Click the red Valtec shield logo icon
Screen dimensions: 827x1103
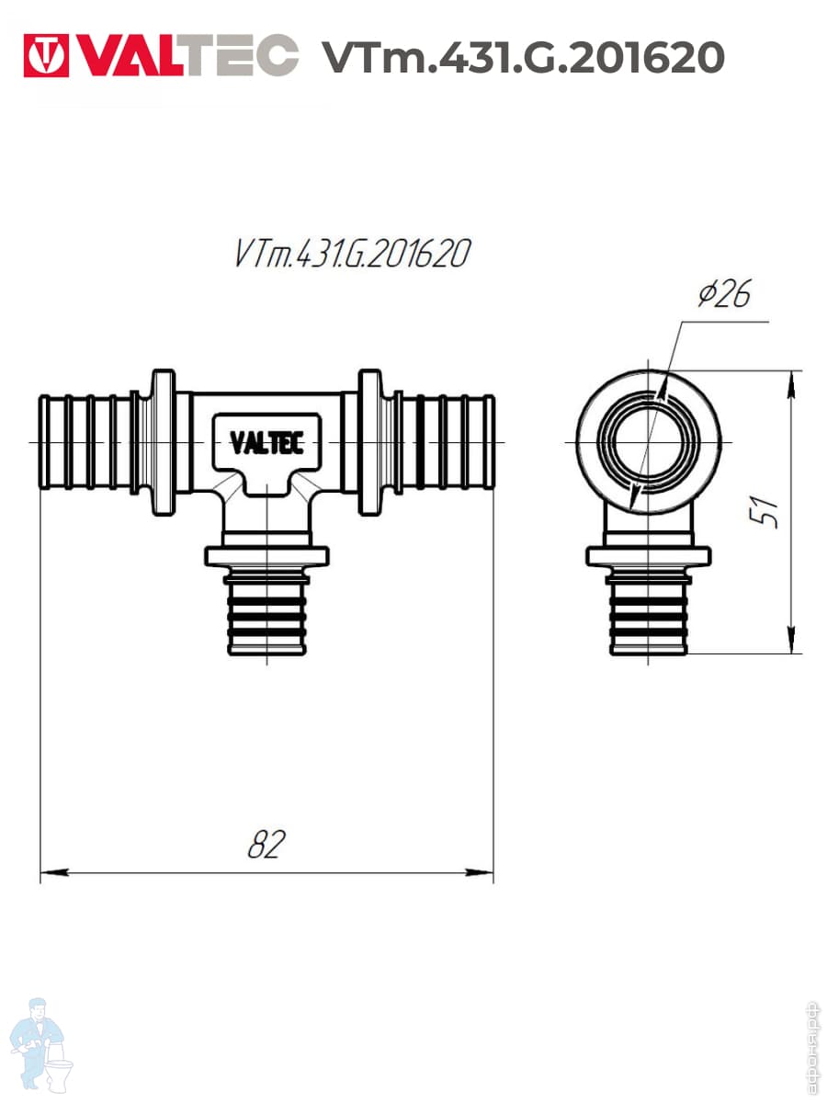[x=46, y=55]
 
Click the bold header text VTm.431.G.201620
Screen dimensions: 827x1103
[x=523, y=57]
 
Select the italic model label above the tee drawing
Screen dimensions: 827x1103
[x=353, y=253]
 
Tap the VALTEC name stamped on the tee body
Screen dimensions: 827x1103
[x=267, y=443]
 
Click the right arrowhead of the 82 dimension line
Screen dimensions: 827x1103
[x=480, y=873]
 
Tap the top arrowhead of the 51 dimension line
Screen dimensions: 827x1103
[x=791, y=385]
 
